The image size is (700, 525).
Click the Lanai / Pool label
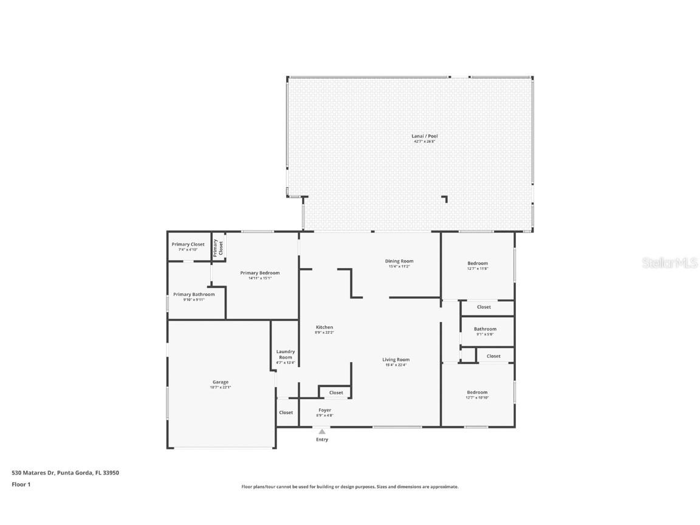424,138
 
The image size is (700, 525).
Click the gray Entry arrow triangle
322,431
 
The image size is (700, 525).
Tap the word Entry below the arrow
322,439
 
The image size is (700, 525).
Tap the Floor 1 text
21,484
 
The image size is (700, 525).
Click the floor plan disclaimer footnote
350,487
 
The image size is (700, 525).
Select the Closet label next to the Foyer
336,393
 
